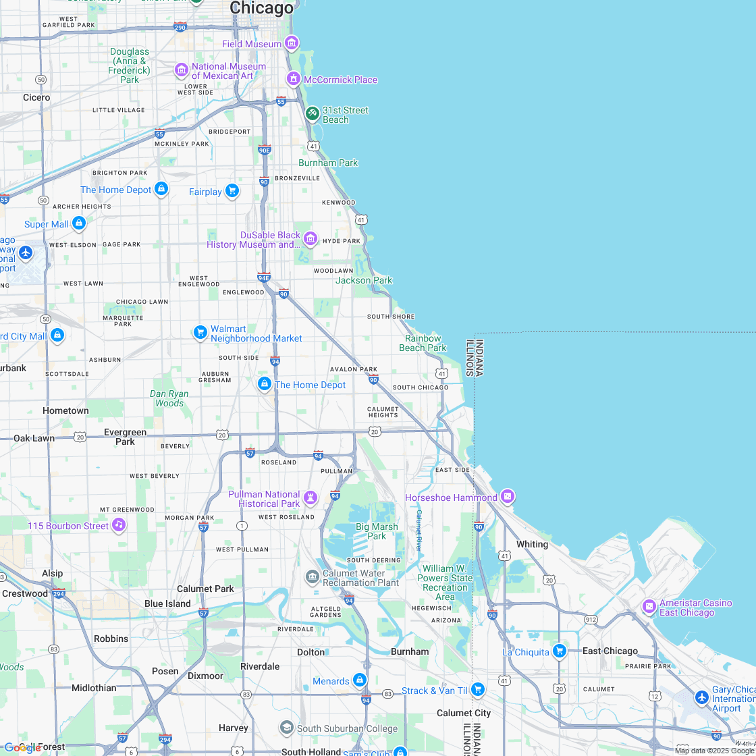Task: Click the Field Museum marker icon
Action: tap(291, 43)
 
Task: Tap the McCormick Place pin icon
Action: tap(294, 79)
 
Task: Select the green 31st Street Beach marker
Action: tap(312, 113)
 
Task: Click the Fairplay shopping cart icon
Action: tap(232, 191)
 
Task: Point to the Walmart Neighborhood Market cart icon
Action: tap(200, 332)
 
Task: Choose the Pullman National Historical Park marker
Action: tap(310, 498)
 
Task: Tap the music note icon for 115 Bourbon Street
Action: tap(119, 524)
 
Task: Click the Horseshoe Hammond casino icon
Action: tap(508, 497)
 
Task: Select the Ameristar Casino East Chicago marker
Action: tap(649, 606)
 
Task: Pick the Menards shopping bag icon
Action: tap(360, 680)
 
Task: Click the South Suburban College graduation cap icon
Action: tap(287, 728)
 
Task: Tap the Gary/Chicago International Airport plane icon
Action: tap(702, 697)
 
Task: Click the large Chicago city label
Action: tap(262, 8)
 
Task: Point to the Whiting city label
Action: tap(532, 544)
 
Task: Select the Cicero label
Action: tap(36, 97)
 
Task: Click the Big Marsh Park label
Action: tap(377, 531)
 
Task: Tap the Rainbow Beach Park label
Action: tap(423, 343)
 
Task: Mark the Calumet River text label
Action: tap(418, 531)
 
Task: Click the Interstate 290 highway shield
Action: tap(180, 27)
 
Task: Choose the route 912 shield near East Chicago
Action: tap(591, 619)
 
